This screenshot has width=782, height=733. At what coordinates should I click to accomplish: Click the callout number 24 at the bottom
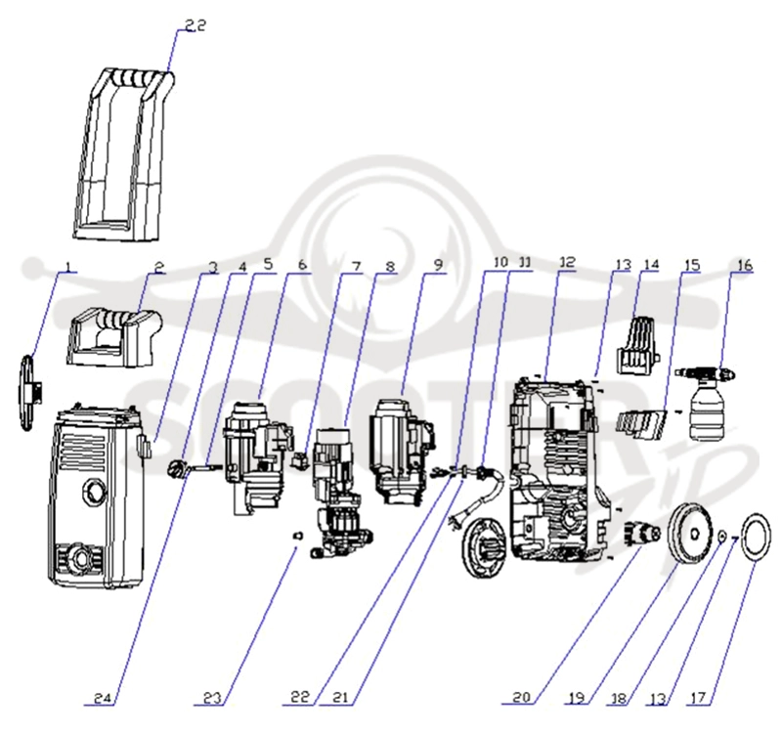105,699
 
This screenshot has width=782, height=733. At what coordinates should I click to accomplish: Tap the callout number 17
698,698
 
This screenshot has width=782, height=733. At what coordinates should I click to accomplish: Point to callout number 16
744,265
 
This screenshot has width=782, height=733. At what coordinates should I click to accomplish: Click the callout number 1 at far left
68,266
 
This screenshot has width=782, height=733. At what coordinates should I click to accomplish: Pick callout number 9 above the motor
438,265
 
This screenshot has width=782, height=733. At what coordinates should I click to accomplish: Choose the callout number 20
521,697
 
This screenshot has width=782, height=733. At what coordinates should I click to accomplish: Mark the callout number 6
302,265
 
